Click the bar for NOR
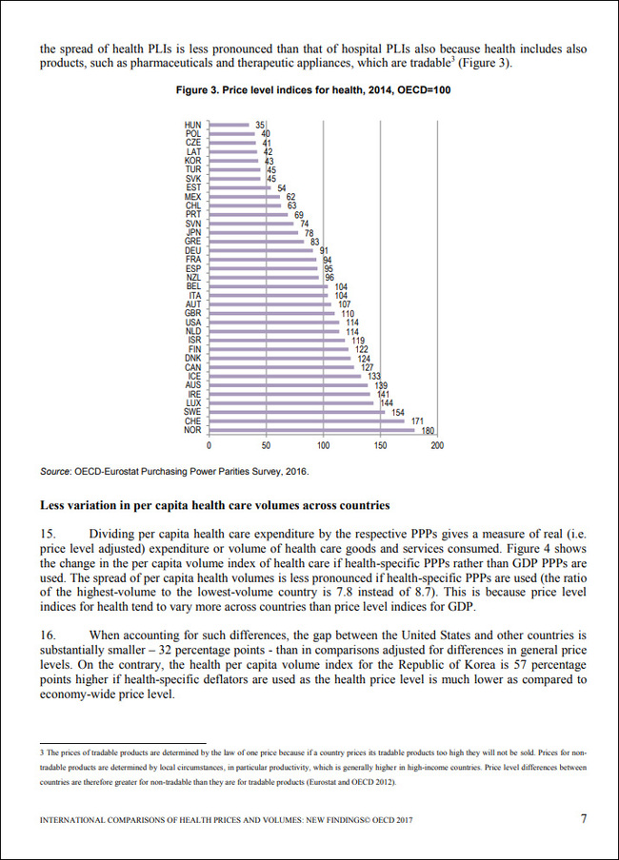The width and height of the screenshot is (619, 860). point(311,430)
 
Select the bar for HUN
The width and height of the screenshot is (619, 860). point(229,125)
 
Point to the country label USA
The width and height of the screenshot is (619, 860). point(192,322)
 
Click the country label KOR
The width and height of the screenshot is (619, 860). point(192,161)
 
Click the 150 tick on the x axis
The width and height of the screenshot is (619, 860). point(380,445)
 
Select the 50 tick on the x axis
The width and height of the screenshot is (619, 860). point(266,445)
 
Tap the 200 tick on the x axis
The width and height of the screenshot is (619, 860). point(437,445)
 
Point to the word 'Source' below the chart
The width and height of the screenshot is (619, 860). point(54,471)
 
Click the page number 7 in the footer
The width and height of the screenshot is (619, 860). point(584,817)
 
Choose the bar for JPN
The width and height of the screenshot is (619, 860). point(254,232)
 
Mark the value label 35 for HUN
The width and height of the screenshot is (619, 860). point(259,125)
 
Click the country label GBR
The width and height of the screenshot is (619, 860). point(192,313)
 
